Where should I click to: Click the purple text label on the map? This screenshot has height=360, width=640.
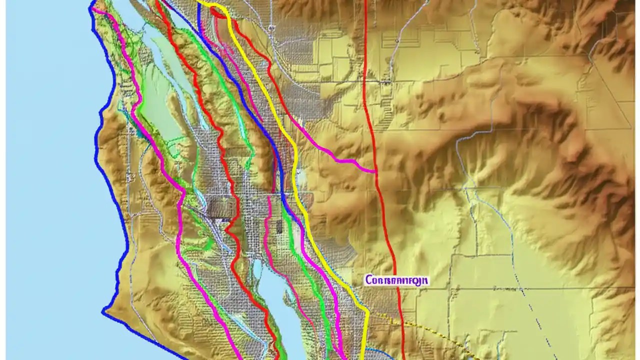396,280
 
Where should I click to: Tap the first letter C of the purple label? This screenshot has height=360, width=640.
368,280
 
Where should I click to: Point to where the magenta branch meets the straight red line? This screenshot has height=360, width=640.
375,171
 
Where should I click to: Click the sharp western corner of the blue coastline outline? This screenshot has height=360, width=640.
103,312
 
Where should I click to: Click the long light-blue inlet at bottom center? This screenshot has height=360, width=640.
280,310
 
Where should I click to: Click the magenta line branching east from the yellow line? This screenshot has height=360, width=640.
325,150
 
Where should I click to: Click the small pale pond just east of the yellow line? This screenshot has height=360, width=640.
301,176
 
